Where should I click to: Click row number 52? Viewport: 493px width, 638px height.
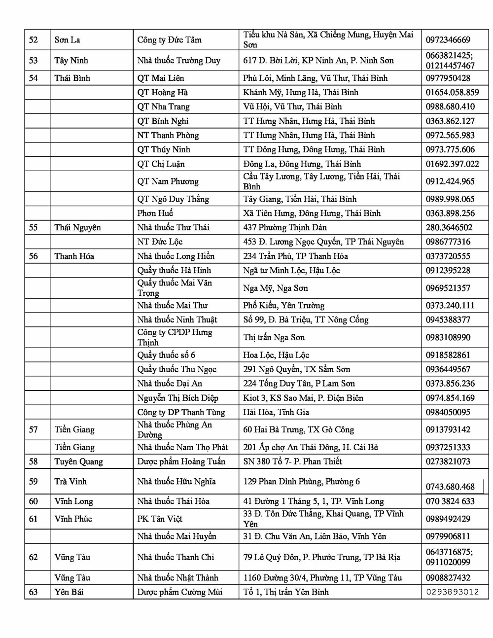[34, 40]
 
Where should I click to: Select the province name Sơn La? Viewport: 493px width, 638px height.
[67, 40]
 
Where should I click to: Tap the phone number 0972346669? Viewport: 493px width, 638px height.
[448, 40]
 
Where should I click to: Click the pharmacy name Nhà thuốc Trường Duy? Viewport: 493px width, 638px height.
[178, 61]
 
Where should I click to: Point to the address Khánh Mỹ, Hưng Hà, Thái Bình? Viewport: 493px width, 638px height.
[300, 92]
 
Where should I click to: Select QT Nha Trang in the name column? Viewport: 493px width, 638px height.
[163, 106]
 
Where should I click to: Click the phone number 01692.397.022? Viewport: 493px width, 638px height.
[452, 164]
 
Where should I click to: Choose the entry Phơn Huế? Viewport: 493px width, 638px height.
[155, 213]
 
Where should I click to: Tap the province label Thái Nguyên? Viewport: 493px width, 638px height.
[77, 227]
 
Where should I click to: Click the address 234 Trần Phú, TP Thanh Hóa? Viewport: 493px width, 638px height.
[295, 256]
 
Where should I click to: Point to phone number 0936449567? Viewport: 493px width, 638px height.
[448, 369]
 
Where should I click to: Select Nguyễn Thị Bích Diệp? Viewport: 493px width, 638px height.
[177, 398]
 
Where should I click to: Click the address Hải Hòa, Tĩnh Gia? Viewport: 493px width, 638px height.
[276, 412]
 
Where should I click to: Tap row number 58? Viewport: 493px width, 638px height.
[34, 461]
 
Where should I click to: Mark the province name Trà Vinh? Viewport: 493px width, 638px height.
[70, 482]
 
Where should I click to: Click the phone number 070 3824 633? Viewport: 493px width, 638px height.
[450, 501]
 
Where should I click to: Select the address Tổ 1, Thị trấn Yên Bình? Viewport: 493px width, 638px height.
[285, 592]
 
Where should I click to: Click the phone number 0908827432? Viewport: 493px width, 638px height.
[448, 577]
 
